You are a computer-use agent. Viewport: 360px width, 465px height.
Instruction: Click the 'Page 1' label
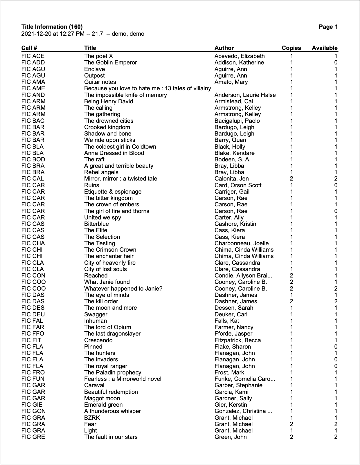tap(328, 27)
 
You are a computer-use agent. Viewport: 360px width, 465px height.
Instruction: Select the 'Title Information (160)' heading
tap(52, 27)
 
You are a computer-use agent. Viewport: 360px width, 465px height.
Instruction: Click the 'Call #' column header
tap(29, 48)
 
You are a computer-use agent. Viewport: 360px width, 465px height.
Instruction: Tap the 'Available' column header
tap(324, 48)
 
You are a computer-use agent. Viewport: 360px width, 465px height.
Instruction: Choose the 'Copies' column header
tap(291, 48)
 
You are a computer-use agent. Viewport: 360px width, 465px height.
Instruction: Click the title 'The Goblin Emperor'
tap(110, 62)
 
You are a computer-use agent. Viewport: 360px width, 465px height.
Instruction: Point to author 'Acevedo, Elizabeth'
tap(240, 56)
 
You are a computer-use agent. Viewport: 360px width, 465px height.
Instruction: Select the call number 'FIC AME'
tap(33, 88)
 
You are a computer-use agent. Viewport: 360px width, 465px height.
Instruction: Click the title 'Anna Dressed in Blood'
tap(114, 153)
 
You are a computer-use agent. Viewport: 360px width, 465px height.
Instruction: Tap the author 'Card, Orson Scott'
tap(238, 185)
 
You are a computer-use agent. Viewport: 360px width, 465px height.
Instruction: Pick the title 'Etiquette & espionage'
tap(113, 192)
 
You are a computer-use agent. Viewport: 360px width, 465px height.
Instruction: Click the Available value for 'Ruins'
tap(336, 185)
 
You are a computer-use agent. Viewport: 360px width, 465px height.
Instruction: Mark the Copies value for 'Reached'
tap(291, 275)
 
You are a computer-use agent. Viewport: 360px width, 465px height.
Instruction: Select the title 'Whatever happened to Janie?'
tap(123, 289)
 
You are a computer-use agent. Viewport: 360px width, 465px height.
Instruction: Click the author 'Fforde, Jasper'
tap(233, 334)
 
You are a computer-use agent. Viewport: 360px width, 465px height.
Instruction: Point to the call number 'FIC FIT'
tap(31, 340)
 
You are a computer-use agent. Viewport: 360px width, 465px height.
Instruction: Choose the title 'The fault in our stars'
tap(111, 437)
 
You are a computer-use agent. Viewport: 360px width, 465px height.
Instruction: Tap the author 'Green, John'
tap(231, 437)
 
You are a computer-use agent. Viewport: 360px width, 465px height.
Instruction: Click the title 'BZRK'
tap(92, 418)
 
